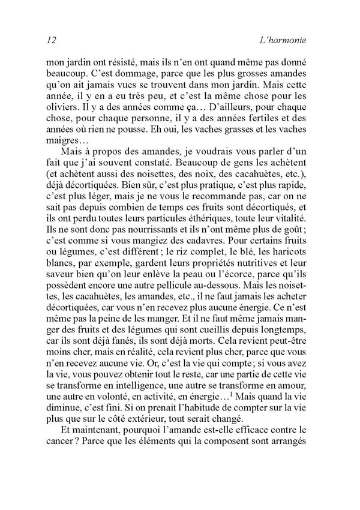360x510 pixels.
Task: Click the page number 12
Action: click(50, 41)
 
